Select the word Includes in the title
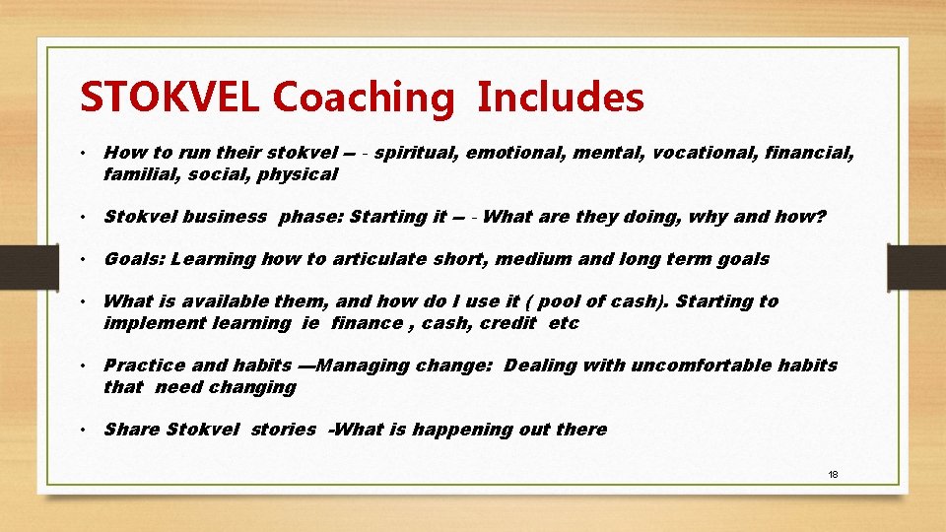[x=561, y=98]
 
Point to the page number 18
[x=833, y=475]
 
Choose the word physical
[x=299, y=174]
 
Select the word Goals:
[x=134, y=259]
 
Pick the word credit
[x=507, y=323]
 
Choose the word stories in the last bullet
[x=283, y=430]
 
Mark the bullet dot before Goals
[x=88, y=260]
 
